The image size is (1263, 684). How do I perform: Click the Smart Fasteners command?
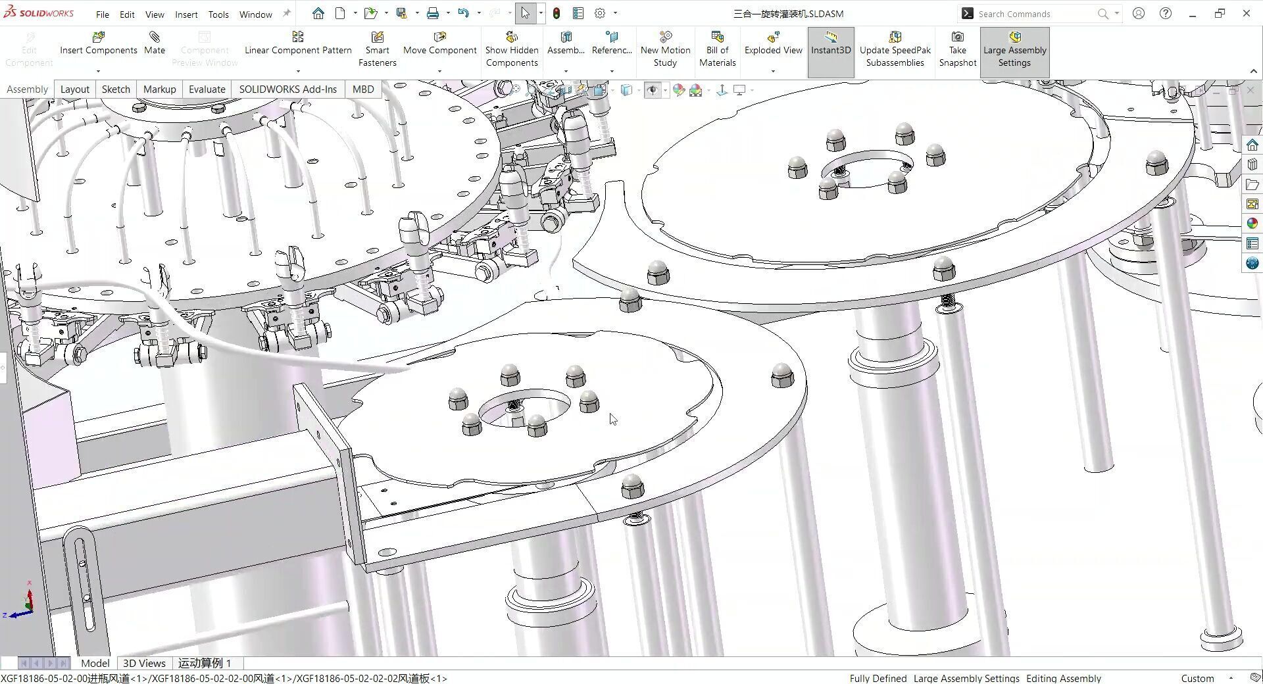pos(377,49)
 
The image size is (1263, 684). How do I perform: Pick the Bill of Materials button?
pos(717,49)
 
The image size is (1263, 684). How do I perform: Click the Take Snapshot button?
pos(957,49)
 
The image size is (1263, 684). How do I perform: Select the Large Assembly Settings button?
pos(1014,49)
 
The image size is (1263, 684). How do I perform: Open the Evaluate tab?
pos(207,89)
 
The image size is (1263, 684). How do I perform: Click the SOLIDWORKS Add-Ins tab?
pos(287,89)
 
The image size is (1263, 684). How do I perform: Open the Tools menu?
pos(218,14)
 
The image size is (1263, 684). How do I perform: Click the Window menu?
pos(255,14)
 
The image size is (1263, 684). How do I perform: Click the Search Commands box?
pos(1033,14)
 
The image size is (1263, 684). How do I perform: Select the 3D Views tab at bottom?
pos(144,663)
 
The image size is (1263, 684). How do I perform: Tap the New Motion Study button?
pos(665,49)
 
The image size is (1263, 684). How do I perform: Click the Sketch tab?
pos(116,89)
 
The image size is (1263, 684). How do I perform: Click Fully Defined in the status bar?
pos(878,678)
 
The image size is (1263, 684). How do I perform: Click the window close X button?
pos(1247,13)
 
